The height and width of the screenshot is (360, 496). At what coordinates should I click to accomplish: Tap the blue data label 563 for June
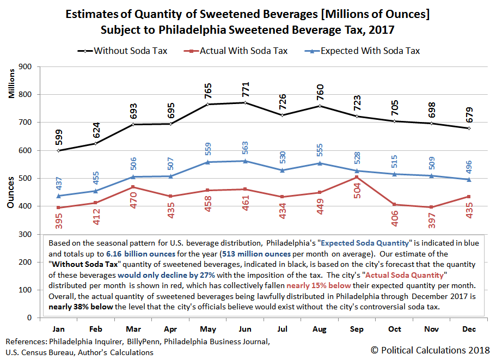[x=246, y=148]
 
